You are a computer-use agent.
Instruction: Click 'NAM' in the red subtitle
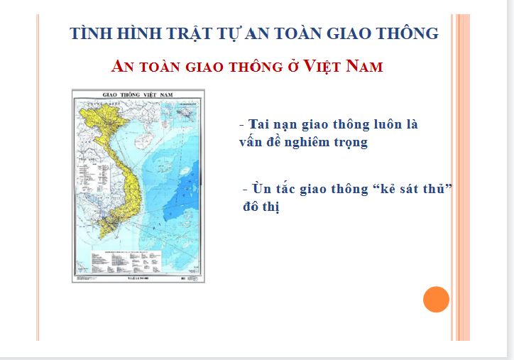[x=366, y=67]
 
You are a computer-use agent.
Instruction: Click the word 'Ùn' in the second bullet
[x=261, y=190]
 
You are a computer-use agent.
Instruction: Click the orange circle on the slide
[x=436, y=299]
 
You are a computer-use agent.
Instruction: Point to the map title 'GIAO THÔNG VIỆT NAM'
[x=138, y=95]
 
